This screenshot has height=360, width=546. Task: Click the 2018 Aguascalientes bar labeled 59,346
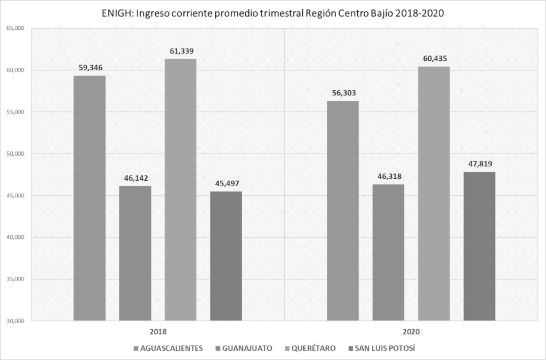(x=90, y=198)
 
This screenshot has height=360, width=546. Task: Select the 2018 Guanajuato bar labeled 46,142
(x=135, y=253)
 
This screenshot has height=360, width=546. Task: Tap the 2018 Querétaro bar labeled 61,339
(x=180, y=189)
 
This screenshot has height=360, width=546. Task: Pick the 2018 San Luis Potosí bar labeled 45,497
(x=226, y=256)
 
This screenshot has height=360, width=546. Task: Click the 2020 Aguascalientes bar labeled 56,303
(x=342, y=211)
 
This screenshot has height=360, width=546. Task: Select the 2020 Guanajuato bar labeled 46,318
(x=388, y=252)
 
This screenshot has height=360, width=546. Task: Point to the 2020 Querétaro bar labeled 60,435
(x=433, y=194)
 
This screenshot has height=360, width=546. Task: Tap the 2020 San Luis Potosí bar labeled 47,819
(x=479, y=246)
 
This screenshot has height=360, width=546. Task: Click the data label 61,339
(x=180, y=51)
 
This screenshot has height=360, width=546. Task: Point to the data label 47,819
(x=479, y=164)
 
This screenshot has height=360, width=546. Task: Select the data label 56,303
(x=342, y=93)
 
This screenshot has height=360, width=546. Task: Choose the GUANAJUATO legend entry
(x=245, y=348)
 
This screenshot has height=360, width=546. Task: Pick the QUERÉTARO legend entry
(x=313, y=348)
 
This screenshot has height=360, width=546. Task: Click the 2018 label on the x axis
(x=158, y=332)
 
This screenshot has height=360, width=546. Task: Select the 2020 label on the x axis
(x=411, y=332)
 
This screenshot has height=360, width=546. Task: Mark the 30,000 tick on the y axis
(x=16, y=321)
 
